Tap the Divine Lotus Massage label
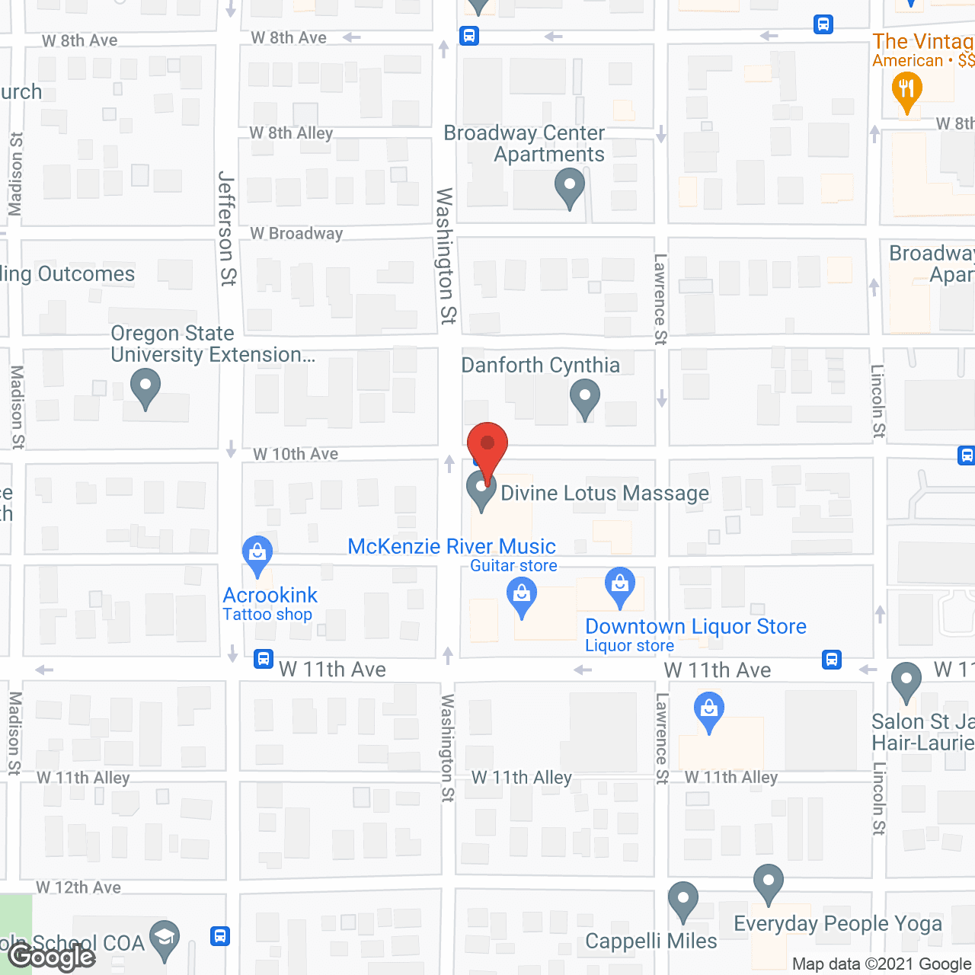point(604,494)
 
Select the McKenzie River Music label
point(452,547)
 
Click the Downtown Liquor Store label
point(695,627)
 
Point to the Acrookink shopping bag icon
point(257,554)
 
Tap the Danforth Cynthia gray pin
point(585,398)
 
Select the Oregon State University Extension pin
point(145,386)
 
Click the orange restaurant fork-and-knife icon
point(906,91)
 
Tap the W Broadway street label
point(296,234)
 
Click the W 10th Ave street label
point(296,454)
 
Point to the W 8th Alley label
point(291,133)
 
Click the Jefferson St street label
point(227,228)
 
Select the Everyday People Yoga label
point(838,924)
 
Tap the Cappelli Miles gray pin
point(683,900)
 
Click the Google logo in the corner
point(52,956)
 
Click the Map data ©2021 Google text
point(881,964)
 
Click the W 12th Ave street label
point(78,887)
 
